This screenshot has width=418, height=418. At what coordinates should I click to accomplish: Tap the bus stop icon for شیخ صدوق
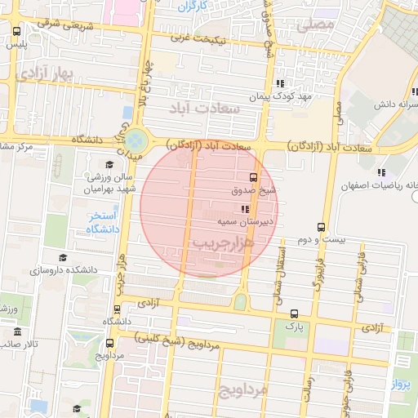coord(252,177)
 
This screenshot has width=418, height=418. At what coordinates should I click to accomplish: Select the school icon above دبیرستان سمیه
coord(246,209)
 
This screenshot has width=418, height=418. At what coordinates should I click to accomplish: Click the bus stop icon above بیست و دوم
coord(321,228)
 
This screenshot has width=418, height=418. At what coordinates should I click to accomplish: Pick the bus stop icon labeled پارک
coord(294,313)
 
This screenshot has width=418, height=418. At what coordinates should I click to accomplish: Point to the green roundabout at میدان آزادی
coord(136,140)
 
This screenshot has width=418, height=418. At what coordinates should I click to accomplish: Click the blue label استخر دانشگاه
coord(104,221)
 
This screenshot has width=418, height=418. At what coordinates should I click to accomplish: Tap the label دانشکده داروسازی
coord(64,269)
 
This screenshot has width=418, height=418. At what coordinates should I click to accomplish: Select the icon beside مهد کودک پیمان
coord(280,83)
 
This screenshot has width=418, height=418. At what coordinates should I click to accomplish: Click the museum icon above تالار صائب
coord(17,331)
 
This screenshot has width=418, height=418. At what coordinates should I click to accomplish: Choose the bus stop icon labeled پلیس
coord(17,31)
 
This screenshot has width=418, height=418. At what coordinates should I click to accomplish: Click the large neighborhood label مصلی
coord(315,25)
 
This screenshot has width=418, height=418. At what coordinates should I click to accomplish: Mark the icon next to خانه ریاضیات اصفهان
coord(380,171)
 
